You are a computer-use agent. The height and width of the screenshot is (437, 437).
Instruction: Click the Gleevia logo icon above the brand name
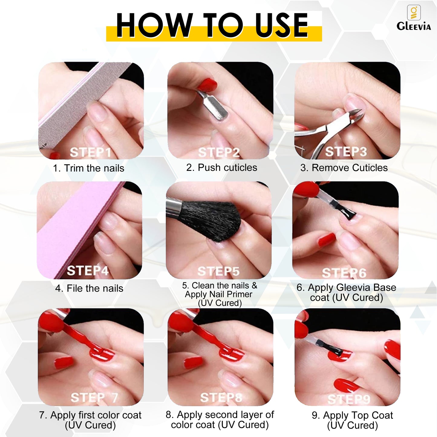point(414,12)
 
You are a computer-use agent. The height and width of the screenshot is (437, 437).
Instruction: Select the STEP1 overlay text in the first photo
point(90,152)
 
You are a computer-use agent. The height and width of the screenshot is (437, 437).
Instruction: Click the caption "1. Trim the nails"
point(88,168)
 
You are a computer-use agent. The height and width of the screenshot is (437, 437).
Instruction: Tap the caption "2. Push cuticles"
point(222,168)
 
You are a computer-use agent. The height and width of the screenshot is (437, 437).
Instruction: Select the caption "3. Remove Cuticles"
point(344,168)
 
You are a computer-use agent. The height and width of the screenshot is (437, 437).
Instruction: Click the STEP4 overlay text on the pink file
point(87,270)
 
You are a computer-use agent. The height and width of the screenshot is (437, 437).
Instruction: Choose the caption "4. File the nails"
point(89,289)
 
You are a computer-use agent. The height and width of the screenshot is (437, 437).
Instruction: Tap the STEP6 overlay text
point(344,272)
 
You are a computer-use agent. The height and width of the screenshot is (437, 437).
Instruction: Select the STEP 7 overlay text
point(94,398)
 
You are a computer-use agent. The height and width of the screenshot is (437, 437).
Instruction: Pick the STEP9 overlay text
point(349,399)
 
